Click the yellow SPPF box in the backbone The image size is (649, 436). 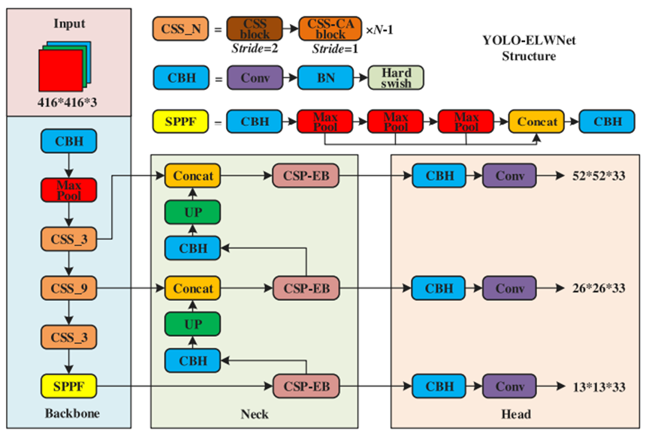[68, 386]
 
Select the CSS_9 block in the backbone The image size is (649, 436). [68, 288]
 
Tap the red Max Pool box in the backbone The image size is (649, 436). [68, 190]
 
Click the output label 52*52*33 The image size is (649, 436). [599, 176]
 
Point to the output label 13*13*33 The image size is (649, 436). [599, 386]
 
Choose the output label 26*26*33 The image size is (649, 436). [599, 288]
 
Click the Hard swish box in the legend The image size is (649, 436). [396, 78]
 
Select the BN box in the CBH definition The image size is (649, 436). [326, 78]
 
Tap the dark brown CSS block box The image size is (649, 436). [255, 29]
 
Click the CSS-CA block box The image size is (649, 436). [331, 29]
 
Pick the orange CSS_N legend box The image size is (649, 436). [180, 29]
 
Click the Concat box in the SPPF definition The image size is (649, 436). [536, 122]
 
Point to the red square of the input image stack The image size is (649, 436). [60, 71]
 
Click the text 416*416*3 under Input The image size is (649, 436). [67, 102]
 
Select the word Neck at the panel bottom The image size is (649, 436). [255, 414]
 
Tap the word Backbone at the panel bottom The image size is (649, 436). [72, 413]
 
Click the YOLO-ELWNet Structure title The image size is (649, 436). [529, 48]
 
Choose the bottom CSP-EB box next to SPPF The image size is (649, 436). [306, 386]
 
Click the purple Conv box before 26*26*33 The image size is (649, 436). [509, 288]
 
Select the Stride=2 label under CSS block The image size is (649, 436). [255, 48]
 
